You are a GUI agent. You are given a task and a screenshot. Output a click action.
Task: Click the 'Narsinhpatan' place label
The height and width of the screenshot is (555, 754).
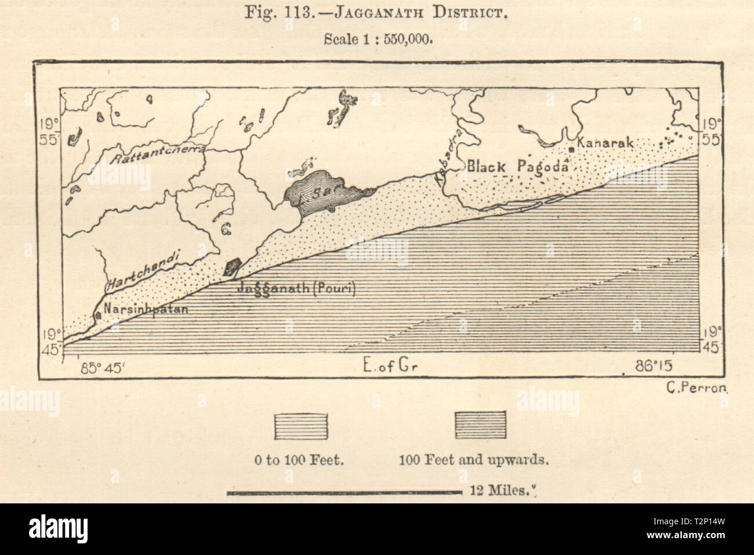click(146, 309)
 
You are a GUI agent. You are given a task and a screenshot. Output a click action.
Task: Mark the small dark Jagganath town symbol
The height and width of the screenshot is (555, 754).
click(233, 267)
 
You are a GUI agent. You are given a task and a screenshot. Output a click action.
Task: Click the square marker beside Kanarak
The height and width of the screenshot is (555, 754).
click(572, 150)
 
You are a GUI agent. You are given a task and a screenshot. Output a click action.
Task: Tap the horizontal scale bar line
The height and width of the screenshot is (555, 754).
click(343, 494)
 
